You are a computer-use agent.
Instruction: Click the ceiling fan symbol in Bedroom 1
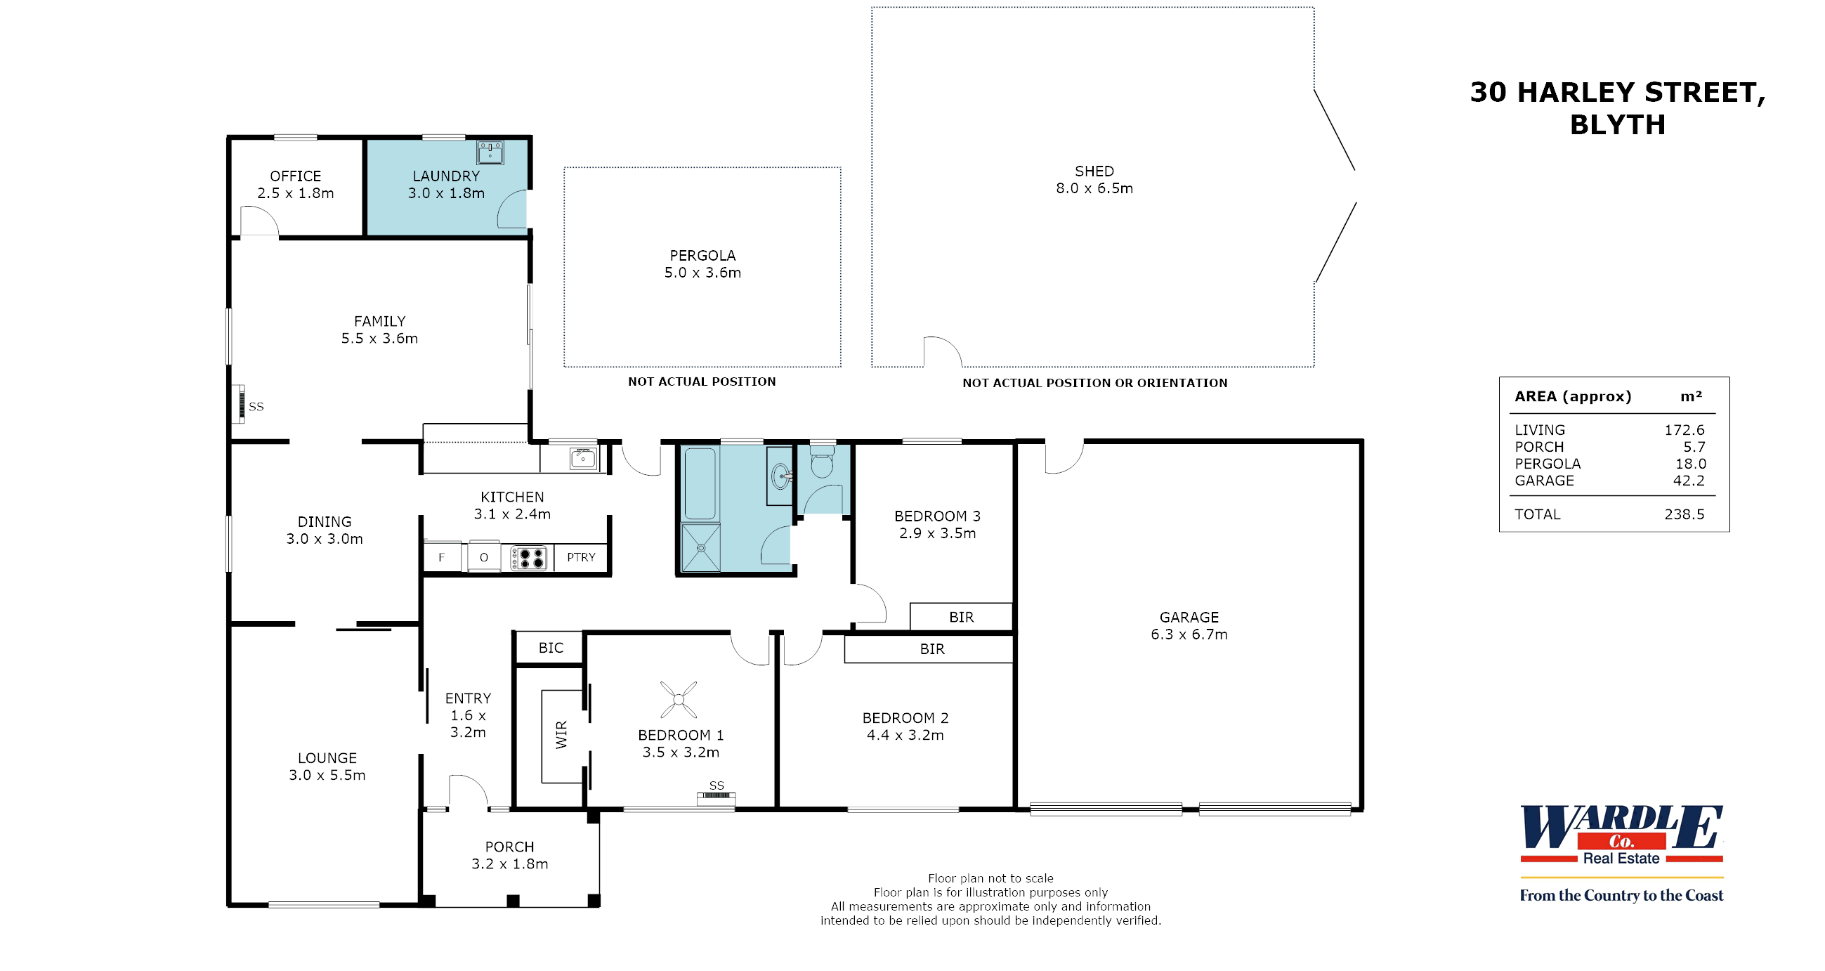pos(678,700)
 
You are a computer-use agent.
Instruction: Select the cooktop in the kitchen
pos(528,558)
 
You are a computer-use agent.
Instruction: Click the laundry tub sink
pos(490,152)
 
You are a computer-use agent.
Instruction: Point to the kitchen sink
pos(583,459)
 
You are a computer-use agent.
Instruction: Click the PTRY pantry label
pos(581,557)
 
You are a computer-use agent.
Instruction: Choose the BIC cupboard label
pos(551,648)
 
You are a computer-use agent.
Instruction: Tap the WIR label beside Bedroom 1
pos(562,734)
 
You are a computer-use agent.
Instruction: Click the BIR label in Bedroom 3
pos(961,618)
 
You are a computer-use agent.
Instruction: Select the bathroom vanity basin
pos(780,476)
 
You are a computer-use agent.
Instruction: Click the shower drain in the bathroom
pos(700,548)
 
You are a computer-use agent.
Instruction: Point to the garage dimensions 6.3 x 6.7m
pos(1189,634)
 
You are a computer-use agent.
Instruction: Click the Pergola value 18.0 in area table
pos(1689,464)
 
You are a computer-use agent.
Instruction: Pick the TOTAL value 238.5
pos(1684,514)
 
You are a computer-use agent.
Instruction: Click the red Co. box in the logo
pos(1622,841)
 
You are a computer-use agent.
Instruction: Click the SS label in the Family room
pos(256,407)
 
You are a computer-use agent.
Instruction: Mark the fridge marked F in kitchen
pos(442,557)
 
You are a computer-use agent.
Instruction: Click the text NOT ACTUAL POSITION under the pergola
pos(701,382)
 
